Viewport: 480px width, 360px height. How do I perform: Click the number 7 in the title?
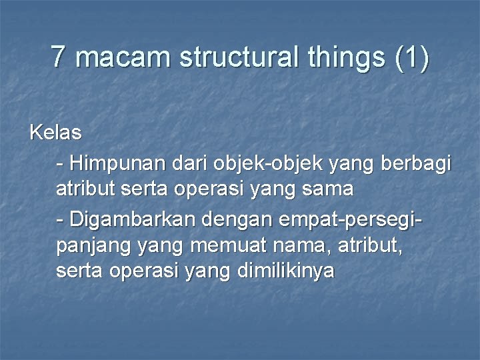coord(59,57)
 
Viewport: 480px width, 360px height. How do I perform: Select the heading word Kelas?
coord(55,133)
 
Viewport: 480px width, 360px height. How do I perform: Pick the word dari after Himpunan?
coord(191,163)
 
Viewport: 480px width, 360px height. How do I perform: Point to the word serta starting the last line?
coord(77,272)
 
